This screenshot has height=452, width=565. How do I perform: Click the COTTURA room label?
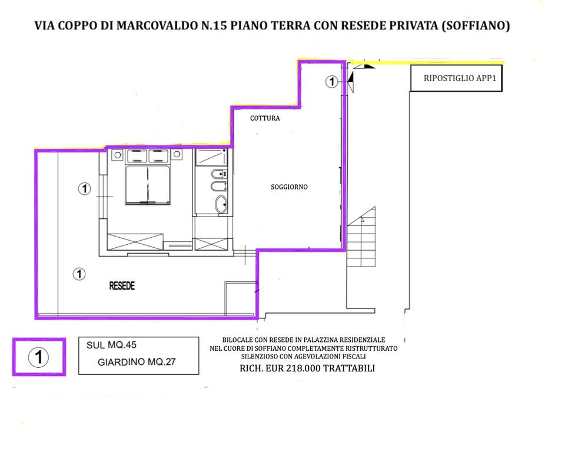pyautogui.click(x=265, y=118)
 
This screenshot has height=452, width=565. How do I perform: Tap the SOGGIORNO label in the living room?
pyautogui.click(x=290, y=187)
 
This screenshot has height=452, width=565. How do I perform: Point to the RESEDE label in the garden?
pyautogui.click(x=122, y=286)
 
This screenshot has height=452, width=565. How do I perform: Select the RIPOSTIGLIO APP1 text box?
pyautogui.click(x=456, y=78)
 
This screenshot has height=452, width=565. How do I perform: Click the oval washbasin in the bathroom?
pyautogui.click(x=221, y=204)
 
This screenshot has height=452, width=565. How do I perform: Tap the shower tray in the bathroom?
pyautogui.click(x=211, y=158)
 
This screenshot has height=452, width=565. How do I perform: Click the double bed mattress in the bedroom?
pyautogui.click(x=147, y=185)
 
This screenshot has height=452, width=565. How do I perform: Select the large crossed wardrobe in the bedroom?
pyautogui.click(x=135, y=241)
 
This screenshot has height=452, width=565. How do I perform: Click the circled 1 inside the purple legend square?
pyautogui.click(x=39, y=357)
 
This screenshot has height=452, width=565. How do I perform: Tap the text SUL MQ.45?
pyautogui.click(x=111, y=345)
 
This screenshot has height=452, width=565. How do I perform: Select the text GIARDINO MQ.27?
pyautogui.click(x=137, y=362)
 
